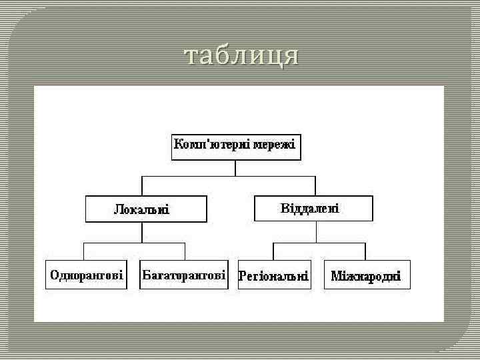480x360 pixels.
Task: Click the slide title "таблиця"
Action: (241, 56)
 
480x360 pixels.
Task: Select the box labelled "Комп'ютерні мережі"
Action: (236, 147)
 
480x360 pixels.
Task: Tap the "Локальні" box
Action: (146, 209)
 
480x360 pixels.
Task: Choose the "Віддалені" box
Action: (313, 208)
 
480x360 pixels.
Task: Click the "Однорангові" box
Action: (87, 275)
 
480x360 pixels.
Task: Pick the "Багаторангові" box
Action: (184, 275)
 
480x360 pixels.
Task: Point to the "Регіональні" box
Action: (275, 275)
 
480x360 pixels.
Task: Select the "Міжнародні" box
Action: (366, 275)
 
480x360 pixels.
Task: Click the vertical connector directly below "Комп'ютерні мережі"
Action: (236, 168)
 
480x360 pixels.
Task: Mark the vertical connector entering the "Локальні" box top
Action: (142, 186)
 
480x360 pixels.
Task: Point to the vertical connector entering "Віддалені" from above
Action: (315, 186)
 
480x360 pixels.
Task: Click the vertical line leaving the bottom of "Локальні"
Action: (142, 232)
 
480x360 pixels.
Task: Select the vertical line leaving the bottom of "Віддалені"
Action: (315, 232)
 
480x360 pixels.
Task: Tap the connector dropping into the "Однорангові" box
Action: (83, 252)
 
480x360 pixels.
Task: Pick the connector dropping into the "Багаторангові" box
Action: (185, 252)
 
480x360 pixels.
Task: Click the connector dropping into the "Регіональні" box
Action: (274, 252)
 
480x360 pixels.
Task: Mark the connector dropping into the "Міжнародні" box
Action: (365, 252)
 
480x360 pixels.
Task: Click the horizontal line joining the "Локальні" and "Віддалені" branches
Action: (200, 176)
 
